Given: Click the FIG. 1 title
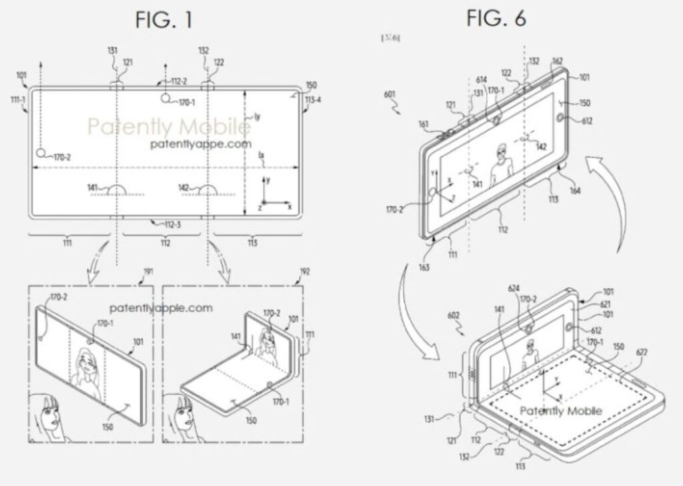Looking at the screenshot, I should coord(163,20).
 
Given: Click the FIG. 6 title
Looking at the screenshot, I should coord(496,19).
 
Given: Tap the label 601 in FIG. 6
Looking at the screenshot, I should coord(392,94).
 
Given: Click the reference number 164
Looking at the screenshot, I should coord(575,191).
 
